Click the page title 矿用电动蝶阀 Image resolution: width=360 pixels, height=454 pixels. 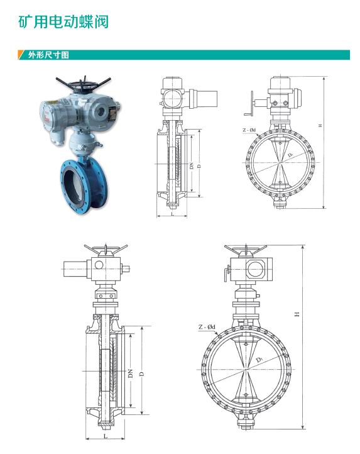pyautogui.click(x=63, y=21)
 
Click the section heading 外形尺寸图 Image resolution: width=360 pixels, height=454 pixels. pyautogui.click(x=48, y=55)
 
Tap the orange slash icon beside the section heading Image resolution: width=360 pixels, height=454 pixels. pyautogui.click(x=21, y=55)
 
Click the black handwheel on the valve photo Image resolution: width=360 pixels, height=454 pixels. pyautogui.click(x=84, y=84)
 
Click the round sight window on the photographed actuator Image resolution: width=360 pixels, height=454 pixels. pyautogui.click(x=101, y=111)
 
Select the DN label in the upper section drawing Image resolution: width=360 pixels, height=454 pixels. pyautogui.click(x=191, y=165)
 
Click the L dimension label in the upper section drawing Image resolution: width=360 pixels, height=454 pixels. pyautogui.click(x=172, y=214)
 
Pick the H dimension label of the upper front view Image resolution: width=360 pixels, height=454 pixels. pyautogui.click(x=320, y=125)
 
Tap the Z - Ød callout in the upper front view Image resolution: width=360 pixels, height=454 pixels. pyautogui.click(x=249, y=130)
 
